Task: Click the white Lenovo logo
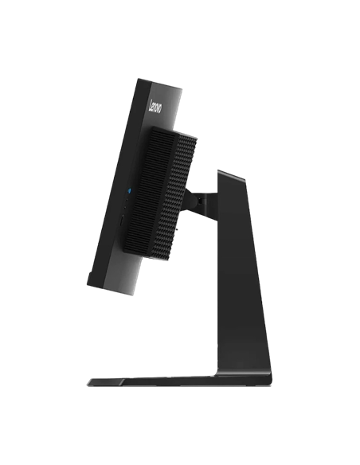pyautogui.click(x=156, y=107)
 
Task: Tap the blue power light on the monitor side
pyautogui.click(x=129, y=189)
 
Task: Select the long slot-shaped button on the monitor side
pyautogui.click(x=121, y=221)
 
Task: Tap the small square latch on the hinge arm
pyautogui.click(x=201, y=201)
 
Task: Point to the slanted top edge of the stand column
pyautogui.click(x=231, y=174)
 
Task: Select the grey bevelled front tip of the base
pyautogui.click(x=105, y=382)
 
